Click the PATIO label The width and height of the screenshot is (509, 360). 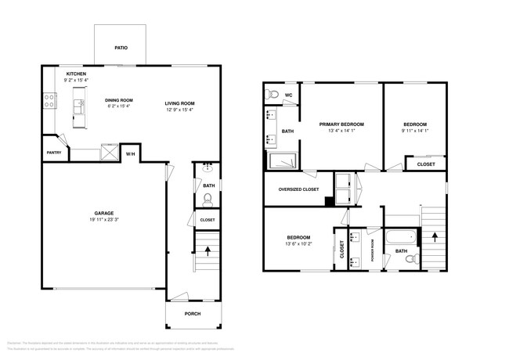pos(121,49)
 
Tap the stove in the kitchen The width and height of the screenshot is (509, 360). pos(49,101)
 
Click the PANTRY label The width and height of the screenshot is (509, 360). pos(53,153)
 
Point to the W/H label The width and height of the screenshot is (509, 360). pos(130,154)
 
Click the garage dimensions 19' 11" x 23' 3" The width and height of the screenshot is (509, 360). pos(104,220)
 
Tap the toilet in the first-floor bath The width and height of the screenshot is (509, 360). pos(207,199)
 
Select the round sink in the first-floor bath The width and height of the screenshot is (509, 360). pos(208,168)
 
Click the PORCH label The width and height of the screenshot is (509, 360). pos(192,314)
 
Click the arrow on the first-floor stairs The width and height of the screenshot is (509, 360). pos(208,251)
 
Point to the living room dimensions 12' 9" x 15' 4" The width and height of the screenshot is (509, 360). pos(179,110)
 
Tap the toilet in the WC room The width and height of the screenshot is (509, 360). pos(273,95)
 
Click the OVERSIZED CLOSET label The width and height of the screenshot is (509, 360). pos(298,189)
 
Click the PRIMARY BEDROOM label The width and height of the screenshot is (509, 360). pos(341,124)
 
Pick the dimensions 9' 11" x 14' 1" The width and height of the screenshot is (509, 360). pos(415,131)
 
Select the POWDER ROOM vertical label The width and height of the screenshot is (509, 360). pos(373,250)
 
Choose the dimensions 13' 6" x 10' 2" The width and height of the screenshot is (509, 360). pos(298,243)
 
